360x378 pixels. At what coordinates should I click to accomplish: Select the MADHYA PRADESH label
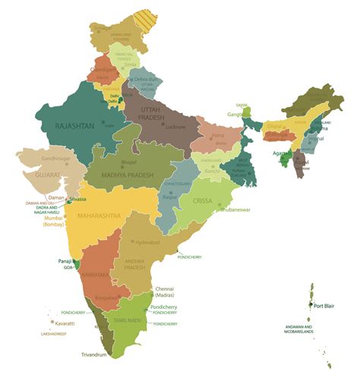click(127, 175)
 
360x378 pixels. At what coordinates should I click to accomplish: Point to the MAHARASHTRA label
click(99, 216)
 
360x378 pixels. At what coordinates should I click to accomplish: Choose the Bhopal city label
click(130, 162)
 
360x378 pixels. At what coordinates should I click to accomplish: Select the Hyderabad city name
click(148, 242)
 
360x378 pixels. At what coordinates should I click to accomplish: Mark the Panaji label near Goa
click(65, 261)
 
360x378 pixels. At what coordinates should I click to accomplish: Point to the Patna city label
click(218, 137)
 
